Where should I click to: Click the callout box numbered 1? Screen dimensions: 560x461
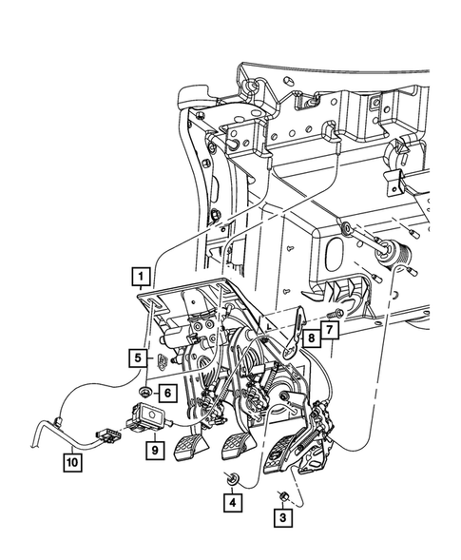[x=140, y=279]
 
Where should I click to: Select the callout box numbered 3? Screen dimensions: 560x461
[x=282, y=517]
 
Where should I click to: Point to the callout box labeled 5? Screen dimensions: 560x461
[x=139, y=357]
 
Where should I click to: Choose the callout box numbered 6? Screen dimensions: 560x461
[x=166, y=392]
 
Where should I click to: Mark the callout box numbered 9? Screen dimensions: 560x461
[x=151, y=443]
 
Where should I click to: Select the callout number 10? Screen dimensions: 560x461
[x=71, y=463]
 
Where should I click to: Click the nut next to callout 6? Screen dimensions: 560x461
[x=144, y=392]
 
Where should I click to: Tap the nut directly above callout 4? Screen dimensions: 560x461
[x=232, y=477]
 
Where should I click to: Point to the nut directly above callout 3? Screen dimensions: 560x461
[x=282, y=494]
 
